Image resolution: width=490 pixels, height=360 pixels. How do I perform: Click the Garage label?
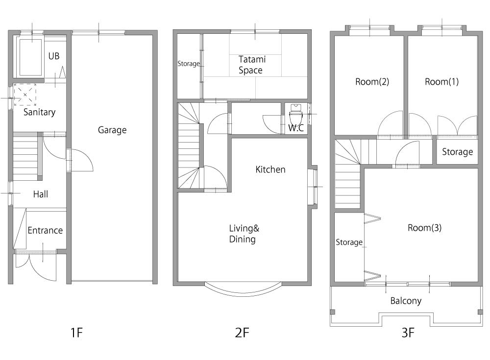click(x=112, y=130)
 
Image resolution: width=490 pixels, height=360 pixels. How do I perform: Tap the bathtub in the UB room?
click(x=30, y=57)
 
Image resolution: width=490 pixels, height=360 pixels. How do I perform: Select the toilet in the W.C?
click(x=295, y=115)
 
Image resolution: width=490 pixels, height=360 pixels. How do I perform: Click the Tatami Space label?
click(x=252, y=65)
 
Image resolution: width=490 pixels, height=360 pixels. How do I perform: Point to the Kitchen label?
click(x=270, y=169)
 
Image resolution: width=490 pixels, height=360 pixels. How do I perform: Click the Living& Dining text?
click(x=244, y=234)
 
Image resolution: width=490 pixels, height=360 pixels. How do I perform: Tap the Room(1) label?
click(x=441, y=82)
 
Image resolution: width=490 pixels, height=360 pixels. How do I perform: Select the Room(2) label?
click(x=372, y=82)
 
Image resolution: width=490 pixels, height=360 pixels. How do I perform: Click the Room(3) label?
click(x=424, y=227)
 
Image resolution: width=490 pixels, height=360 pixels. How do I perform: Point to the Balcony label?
click(x=406, y=301)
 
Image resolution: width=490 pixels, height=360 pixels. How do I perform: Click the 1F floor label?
click(x=76, y=333)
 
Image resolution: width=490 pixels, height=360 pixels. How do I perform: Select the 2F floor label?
click(x=242, y=333)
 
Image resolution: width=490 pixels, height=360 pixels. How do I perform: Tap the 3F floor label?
click(x=408, y=333)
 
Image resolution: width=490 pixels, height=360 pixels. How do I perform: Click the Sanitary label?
click(x=39, y=112)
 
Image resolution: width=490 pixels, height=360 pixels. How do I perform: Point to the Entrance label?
click(x=45, y=230)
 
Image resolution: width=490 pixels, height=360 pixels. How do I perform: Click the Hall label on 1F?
click(x=41, y=194)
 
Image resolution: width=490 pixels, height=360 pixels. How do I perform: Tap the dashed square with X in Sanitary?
click(x=25, y=95)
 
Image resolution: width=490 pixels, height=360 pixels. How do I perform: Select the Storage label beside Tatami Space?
click(x=189, y=64)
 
